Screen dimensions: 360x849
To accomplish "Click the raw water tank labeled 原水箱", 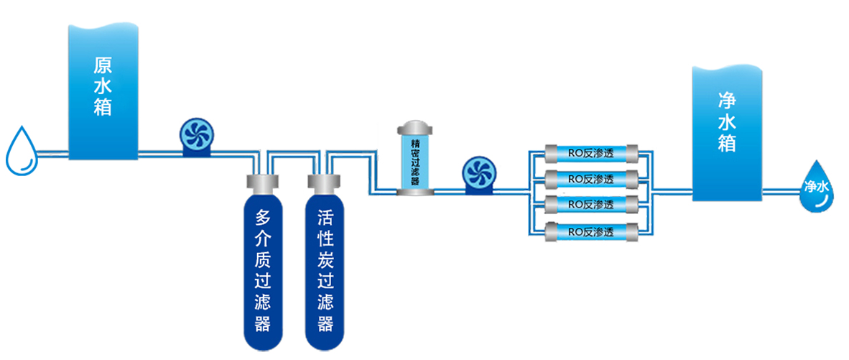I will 103,90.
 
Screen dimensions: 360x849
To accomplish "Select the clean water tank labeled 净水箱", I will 725,133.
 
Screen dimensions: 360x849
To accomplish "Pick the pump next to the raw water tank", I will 194,137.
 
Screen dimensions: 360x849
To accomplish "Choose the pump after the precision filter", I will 475,176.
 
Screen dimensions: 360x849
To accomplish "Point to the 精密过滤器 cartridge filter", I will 415,160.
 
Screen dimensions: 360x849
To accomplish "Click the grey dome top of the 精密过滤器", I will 415,129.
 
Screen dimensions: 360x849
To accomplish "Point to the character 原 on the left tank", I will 103,65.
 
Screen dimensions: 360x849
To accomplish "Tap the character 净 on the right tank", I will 727,100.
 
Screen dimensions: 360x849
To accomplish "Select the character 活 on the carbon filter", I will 325,216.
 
